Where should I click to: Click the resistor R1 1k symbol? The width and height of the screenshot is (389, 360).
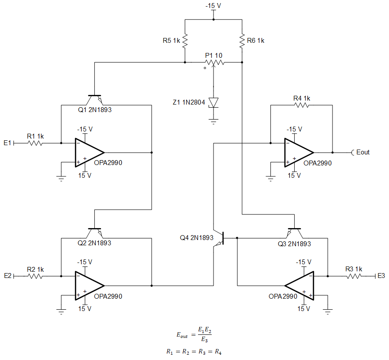35,143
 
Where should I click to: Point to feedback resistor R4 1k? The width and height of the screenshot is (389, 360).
302,105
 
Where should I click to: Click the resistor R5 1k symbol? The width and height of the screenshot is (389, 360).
185,41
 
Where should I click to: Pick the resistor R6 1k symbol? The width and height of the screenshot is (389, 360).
242,41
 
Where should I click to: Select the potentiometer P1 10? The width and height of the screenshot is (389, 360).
214,63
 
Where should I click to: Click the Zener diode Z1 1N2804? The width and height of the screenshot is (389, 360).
213,102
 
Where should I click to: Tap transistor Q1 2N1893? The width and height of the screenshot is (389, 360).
95,98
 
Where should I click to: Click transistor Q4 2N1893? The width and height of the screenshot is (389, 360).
221,238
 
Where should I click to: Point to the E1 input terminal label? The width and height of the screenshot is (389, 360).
7,143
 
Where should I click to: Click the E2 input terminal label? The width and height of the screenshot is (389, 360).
7,276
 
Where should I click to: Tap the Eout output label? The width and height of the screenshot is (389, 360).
363,152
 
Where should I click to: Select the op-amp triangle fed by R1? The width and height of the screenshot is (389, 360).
88,153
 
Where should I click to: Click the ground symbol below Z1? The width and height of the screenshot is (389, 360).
213,121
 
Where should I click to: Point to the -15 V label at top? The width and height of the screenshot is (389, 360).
213,5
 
